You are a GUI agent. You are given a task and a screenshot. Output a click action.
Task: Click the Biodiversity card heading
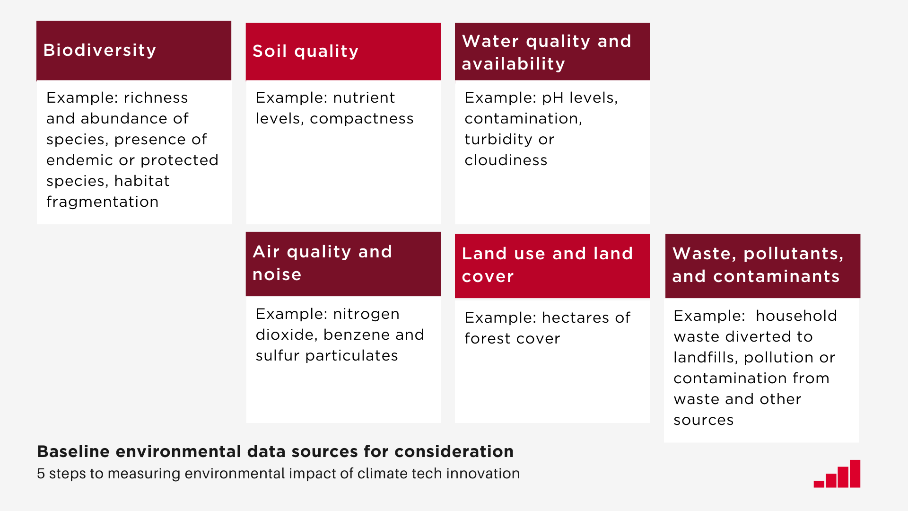coord(99,50)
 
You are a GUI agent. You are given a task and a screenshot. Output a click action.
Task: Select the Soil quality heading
coord(306,51)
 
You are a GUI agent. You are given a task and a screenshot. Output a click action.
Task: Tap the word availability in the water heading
coord(513,64)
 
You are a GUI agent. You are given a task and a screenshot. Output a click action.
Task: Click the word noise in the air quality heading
coord(277,274)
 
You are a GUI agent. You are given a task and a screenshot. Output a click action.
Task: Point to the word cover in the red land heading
coord(488,276)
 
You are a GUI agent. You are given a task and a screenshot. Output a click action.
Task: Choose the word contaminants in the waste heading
coord(776,276)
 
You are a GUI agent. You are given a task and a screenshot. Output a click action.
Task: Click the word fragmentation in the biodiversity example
coord(102,202)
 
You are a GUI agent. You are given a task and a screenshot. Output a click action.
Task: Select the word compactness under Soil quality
coord(361,119)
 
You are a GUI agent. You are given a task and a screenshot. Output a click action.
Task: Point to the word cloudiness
coord(506,160)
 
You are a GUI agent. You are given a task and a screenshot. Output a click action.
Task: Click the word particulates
coord(351,356)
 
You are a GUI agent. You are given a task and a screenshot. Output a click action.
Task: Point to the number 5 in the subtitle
coord(41,474)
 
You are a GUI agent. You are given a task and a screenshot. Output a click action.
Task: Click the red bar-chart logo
coord(837,474)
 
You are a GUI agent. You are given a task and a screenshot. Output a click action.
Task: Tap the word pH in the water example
coord(553,98)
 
